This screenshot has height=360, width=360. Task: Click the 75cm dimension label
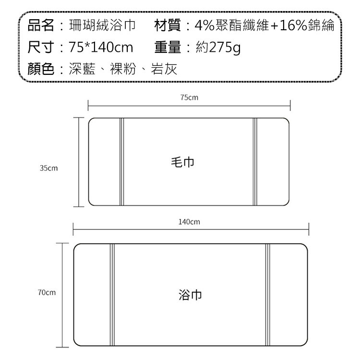[x=189, y=98]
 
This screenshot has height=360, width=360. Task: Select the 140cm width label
[x=189, y=222]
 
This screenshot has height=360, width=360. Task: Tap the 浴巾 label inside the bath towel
[x=190, y=294]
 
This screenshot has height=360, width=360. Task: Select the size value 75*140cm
[x=100, y=48]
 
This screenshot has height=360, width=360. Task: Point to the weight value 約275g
[x=218, y=48]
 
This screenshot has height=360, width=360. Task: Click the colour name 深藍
[x=80, y=70]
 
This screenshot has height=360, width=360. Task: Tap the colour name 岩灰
[x=164, y=70]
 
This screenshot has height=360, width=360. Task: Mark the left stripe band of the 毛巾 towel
[x=122, y=162]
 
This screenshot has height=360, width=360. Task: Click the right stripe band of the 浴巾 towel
[x=268, y=294]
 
